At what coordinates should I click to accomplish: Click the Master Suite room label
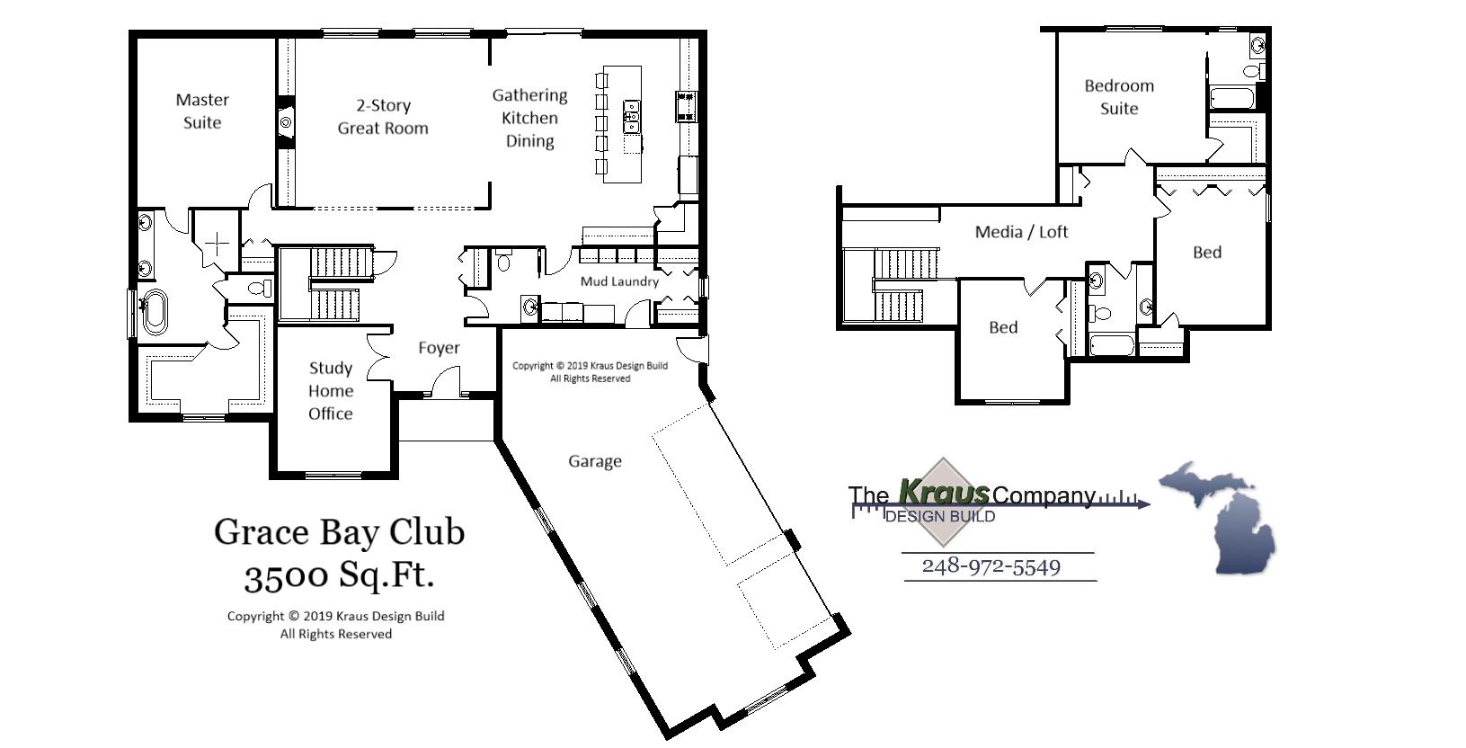tap(202, 111)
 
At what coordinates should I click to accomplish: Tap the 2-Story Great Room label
tap(383, 117)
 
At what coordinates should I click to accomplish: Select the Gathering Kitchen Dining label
tap(529, 118)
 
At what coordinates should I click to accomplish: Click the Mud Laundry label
tap(619, 281)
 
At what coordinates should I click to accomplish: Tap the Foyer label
tap(439, 348)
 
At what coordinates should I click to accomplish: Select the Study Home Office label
tap(330, 391)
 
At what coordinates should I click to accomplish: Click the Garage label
tap(594, 461)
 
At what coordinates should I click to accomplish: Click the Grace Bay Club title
tap(339, 531)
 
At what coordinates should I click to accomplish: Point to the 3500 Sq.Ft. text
tap(339, 574)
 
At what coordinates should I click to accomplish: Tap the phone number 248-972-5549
tap(991, 566)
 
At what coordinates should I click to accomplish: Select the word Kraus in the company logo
tap(943, 493)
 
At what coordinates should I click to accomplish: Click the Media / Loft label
tap(1021, 232)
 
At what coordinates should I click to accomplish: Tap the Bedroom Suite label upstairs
tap(1119, 97)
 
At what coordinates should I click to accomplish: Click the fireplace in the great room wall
tap(286, 121)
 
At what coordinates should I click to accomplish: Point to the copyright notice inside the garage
tap(590, 372)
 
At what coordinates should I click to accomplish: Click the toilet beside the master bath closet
tap(258, 289)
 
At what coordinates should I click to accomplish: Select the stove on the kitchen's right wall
tap(686, 106)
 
